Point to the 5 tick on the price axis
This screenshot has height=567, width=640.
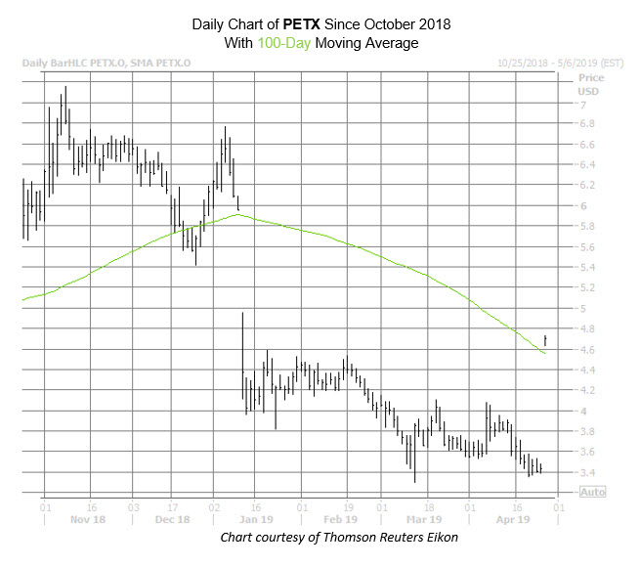[x=583, y=309]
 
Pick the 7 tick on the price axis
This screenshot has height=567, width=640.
[x=583, y=104]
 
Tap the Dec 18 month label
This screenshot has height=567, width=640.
[x=172, y=520]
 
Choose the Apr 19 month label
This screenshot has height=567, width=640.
[x=511, y=520]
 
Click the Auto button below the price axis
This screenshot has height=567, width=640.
[x=592, y=492]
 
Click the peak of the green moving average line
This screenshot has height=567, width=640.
[x=236, y=214]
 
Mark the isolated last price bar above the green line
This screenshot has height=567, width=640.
[x=545, y=339]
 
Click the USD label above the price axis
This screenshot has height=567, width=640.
[x=588, y=90]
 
